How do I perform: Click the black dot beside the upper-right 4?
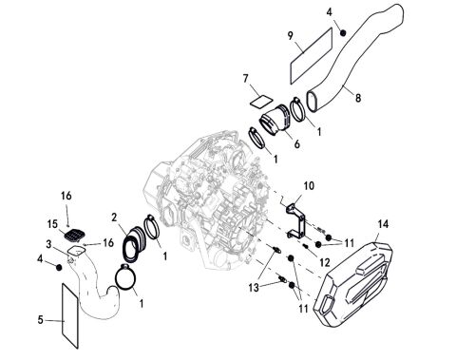point(328,31)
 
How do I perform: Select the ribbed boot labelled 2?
point(132,243)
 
